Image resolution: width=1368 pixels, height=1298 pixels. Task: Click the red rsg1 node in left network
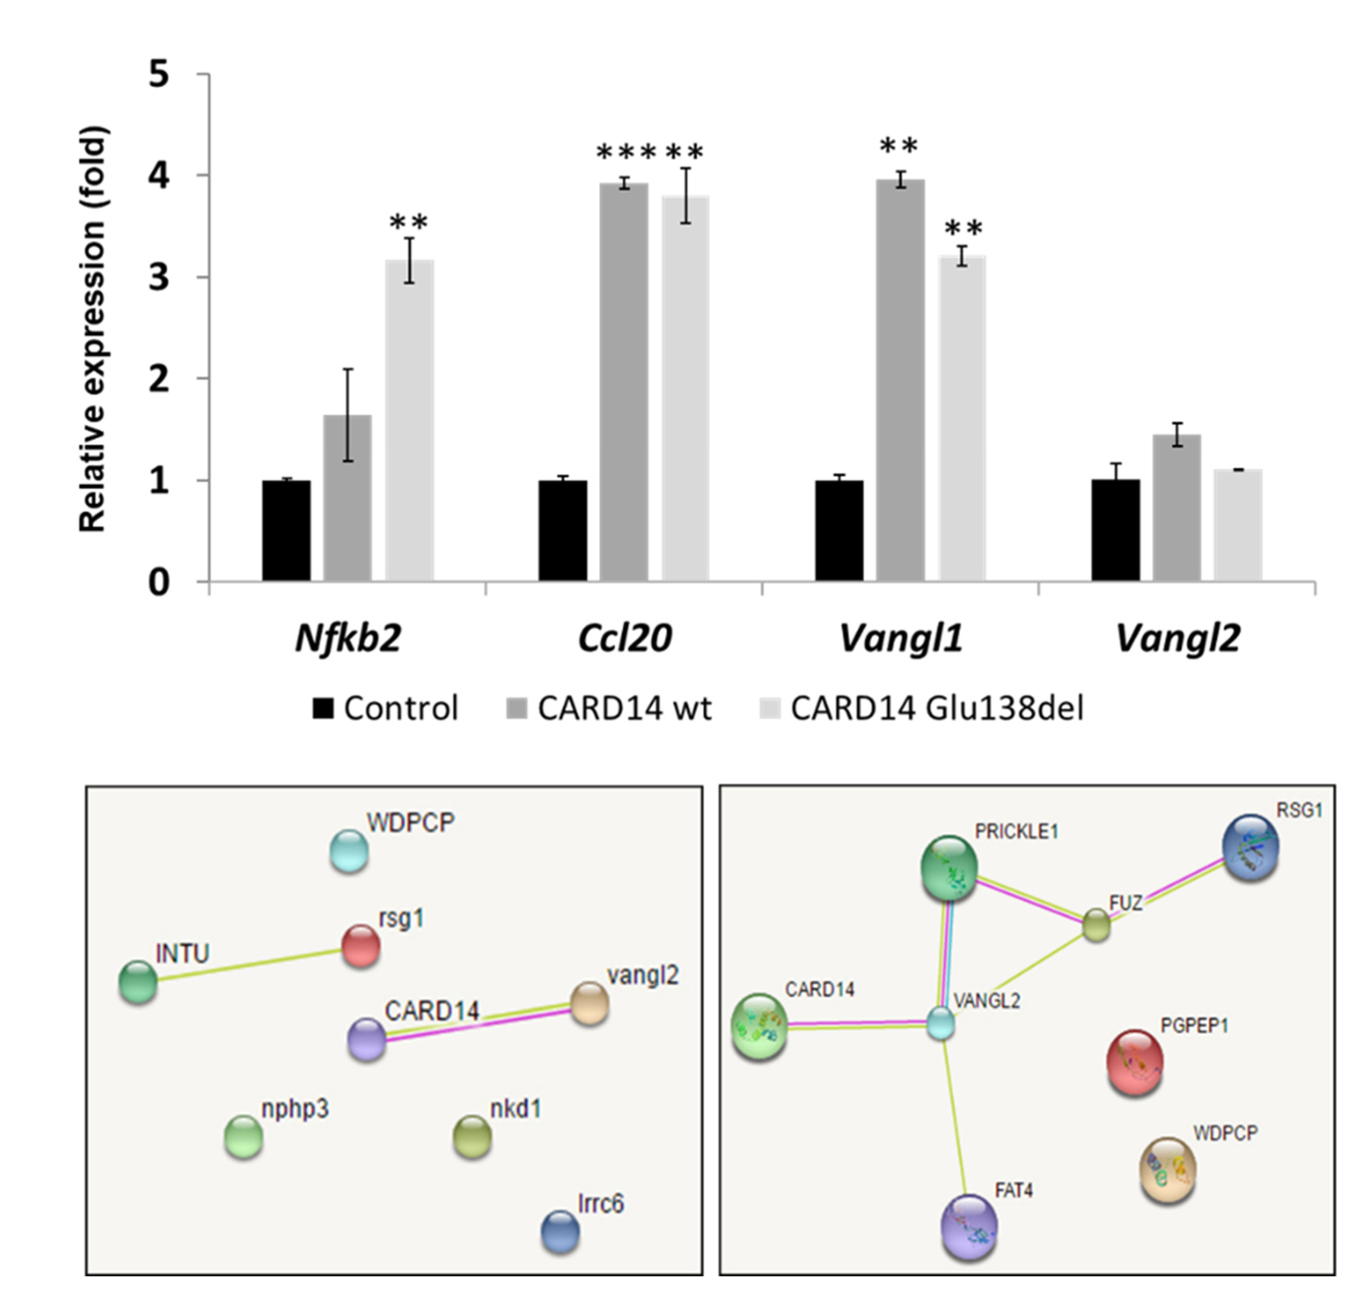pos(361,946)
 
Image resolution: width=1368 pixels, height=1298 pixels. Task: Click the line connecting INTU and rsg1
pos(249,964)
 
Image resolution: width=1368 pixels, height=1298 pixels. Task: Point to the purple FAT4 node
pos(969,1226)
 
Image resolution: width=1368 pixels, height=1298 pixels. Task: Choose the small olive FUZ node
pos(1096,925)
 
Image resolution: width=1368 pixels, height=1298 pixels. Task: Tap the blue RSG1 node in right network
pos(1250,848)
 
